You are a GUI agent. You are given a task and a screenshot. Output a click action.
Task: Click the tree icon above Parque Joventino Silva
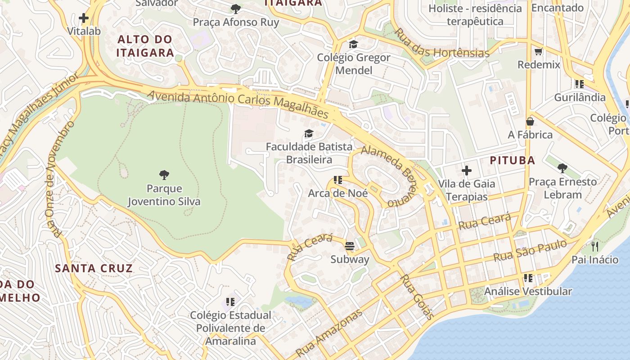pyautogui.click(x=164, y=175)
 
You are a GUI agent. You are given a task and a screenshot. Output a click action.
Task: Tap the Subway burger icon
pyautogui.click(x=350, y=246)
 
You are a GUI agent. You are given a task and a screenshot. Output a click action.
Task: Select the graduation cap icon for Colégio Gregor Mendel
pyautogui.click(x=353, y=44)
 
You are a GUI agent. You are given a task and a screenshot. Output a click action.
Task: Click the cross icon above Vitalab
pyautogui.click(x=84, y=18)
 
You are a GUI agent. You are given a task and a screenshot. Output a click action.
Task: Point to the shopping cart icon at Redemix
pyautogui.click(x=538, y=51)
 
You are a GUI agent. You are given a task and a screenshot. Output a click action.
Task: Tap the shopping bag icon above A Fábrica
pyautogui.click(x=530, y=121)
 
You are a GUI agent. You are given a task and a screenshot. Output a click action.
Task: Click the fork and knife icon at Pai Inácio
pyautogui.click(x=595, y=246)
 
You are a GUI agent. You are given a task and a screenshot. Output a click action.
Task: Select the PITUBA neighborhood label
pyautogui.click(x=512, y=160)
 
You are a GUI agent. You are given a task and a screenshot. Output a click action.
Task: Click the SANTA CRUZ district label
pyautogui.click(x=94, y=269)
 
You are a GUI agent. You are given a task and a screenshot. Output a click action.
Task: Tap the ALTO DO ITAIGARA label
pyautogui.click(x=145, y=46)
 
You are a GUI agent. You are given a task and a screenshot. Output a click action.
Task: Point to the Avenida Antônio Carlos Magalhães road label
pyautogui.click(x=238, y=103)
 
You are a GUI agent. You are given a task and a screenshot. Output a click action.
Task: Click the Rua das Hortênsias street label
pyautogui.click(x=441, y=44)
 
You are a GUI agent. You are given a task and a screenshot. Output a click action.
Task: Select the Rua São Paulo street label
pyautogui.click(x=530, y=251)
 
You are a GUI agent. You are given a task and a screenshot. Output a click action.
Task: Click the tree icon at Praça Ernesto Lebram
pyautogui.click(x=562, y=168)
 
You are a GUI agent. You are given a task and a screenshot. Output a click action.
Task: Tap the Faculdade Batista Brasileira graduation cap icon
pyautogui.click(x=309, y=133)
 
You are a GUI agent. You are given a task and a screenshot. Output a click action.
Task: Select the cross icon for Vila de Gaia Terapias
pyautogui.click(x=467, y=171)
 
